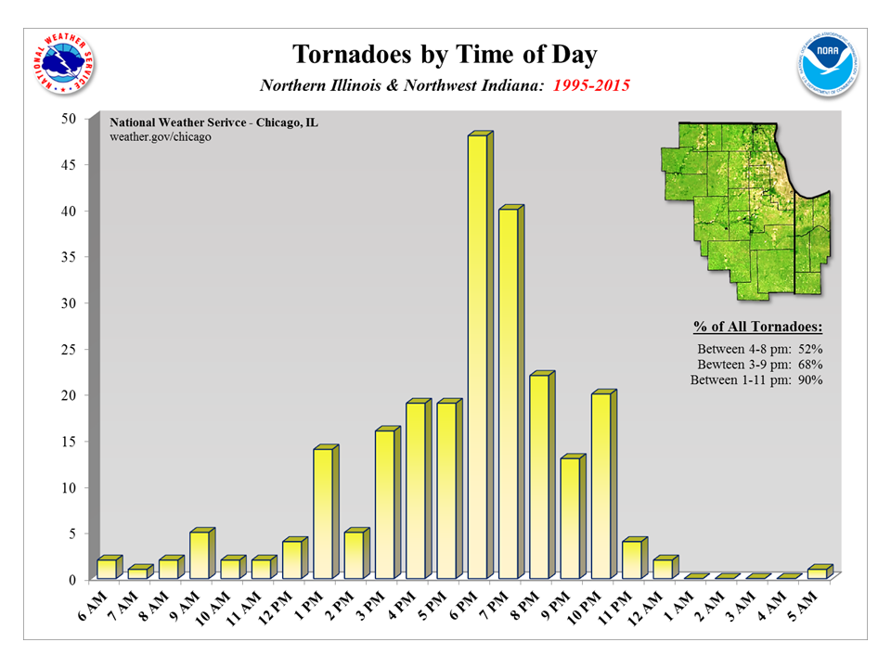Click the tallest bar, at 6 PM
pyautogui.click(x=477, y=357)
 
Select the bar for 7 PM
pyautogui.click(x=508, y=394)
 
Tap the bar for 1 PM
pyautogui.click(x=323, y=514)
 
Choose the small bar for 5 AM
pyautogui.click(x=817, y=572)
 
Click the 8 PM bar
pyautogui.click(x=539, y=477)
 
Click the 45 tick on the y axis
pyautogui.click(x=68, y=165)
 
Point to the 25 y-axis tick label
pyautogui.click(x=68, y=350)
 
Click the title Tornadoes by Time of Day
pyautogui.click(x=445, y=54)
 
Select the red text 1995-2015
pyautogui.click(x=591, y=85)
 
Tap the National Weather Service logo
pyautogui.click(x=63, y=63)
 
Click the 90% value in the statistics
pyautogui.click(x=810, y=380)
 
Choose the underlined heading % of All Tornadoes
pyautogui.click(x=757, y=328)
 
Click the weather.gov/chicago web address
pyautogui.click(x=161, y=136)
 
